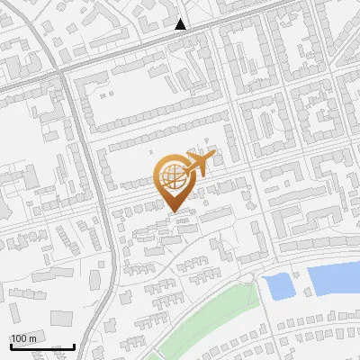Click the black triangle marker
coord(181,24)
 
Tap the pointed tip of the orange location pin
coord(172,211)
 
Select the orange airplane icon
coord(199,164)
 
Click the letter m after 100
coord(32,338)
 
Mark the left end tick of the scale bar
coord(11,345)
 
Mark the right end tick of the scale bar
coord(74,345)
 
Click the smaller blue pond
coord(280,286)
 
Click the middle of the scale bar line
coord(42,346)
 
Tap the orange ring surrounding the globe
coord(159,175)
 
